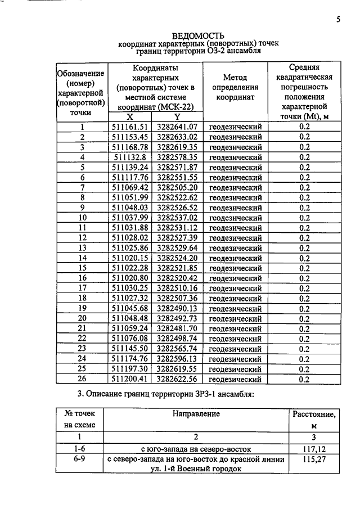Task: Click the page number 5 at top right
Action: click(339, 20)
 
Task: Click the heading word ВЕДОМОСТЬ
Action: click(199, 35)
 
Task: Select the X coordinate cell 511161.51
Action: click(130, 127)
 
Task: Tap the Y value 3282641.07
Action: click(177, 127)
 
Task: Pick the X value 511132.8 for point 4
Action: click(130, 157)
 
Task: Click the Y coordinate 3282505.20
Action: click(177, 187)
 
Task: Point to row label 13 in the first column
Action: click(82, 248)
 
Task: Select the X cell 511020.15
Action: click(130, 258)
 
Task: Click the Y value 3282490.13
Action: click(177, 309)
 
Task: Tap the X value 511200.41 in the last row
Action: click(130, 380)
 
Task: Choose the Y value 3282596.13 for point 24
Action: click(177, 359)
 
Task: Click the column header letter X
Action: click(130, 117)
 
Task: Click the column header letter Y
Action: click(177, 117)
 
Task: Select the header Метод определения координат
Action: click(235, 87)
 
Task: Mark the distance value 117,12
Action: click(314, 449)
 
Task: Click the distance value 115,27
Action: click(314, 460)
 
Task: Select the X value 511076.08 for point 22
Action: click(130, 339)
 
